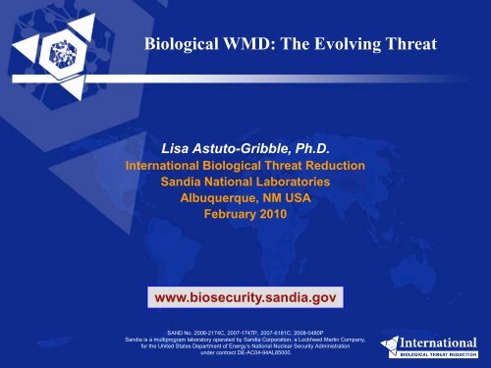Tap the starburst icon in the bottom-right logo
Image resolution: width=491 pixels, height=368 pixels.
coord(384,345)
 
